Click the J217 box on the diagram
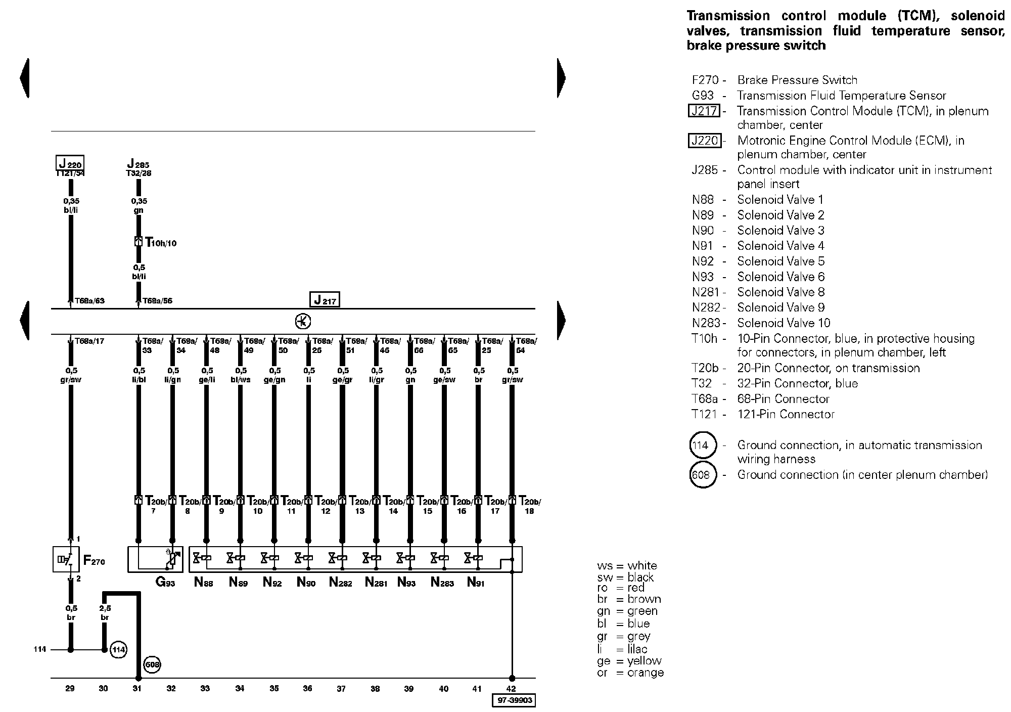pyautogui.click(x=324, y=300)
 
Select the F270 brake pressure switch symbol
pyautogui.click(x=66, y=559)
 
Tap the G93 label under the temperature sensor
pyautogui.click(x=165, y=583)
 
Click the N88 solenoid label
pyautogui.click(x=204, y=583)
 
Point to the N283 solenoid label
pyautogui.click(x=443, y=583)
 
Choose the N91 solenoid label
pyautogui.click(x=476, y=583)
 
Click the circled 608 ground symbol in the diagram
pyautogui.click(x=152, y=664)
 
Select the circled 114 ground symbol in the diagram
pyautogui.click(x=118, y=649)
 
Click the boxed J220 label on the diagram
pyautogui.click(x=70, y=163)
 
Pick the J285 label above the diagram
pyautogui.click(x=138, y=164)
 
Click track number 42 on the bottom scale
pyautogui.click(x=511, y=688)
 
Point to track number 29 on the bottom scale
pyautogui.click(x=70, y=688)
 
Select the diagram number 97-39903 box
pyautogui.click(x=513, y=701)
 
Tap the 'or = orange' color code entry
pyautogui.click(x=630, y=673)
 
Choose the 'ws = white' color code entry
pyautogui.click(x=627, y=566)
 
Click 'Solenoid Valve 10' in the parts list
pyautogui.click(x=784, y=323)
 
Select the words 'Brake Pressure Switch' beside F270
pyautogui.click(x=797, y=80)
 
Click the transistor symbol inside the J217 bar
pyautogui.click(x=303, y=322)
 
